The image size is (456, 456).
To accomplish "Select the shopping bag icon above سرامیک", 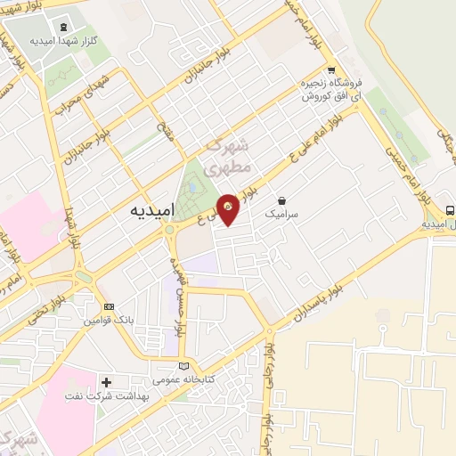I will coord(282,200).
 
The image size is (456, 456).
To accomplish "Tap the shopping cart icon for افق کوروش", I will coord(330,70).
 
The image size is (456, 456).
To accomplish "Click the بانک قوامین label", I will coord(109,319).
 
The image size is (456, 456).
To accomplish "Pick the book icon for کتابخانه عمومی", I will coord(183,366).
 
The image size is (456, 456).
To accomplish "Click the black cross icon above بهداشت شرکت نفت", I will coord(106,382).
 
